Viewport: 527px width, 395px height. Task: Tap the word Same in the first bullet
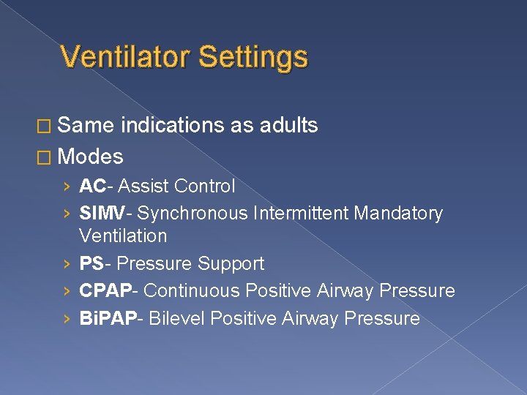point(86,126)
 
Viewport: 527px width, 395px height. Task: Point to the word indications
point(173,126)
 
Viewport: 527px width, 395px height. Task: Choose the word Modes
point(90,157)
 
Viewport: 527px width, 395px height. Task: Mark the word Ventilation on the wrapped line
point(123,236)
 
